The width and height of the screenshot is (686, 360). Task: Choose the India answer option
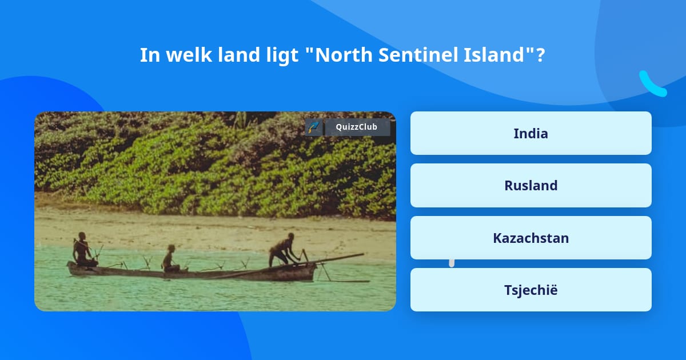pyautogui.click(x=531, y=133)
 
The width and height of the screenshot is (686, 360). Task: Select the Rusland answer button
pyautogui.click(x=531, y=186)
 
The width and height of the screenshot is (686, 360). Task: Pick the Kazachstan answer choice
pyautogui.click(x=531, y=238)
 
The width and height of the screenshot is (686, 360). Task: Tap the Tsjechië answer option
pyautogui.click(x=531, y=290)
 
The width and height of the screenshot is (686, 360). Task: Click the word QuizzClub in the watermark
pyautogui.click(x=357, y=127)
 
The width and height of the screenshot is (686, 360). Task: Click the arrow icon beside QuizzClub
pyautogui.click(x=314, y=127)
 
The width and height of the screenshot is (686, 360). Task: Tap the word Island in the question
pyautogui.click(x=494, y=55)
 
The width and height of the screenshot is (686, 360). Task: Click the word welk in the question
pyautogui.click(x=189, y=55)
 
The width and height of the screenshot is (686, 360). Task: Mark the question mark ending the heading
pyautogui.click(x=541, y=55)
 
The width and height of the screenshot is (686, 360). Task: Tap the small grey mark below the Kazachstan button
pyautogui.click(x=452, y=263)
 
